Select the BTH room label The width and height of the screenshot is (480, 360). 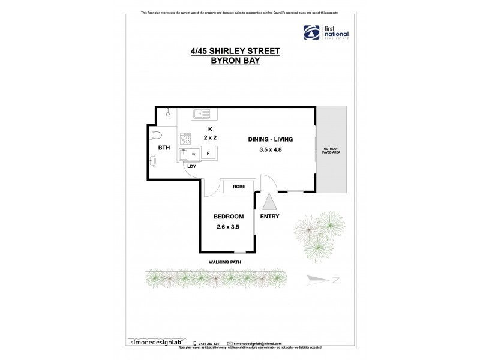click(x=163, y=148)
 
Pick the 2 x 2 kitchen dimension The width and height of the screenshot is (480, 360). click(x=211, y=137)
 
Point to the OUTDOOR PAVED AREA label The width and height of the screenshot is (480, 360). click(x=331, y=151)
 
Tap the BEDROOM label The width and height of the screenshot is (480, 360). click(x=229, y=217)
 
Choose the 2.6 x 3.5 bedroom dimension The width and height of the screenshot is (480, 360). click(x=229, y=226)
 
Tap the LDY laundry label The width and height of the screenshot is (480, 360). click(x=192, y=166)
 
